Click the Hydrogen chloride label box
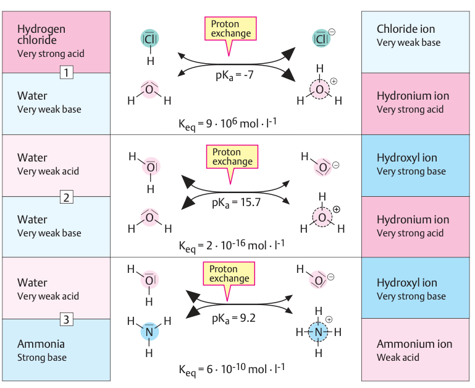[x=56, y=41]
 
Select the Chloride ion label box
[x=416, y=41]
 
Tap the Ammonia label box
[x=56, y=350]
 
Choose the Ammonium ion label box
[x=416, y=350]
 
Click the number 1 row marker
[x=67, y=73]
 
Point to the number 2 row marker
[x=67, y=197]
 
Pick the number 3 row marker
[x=67, y=319]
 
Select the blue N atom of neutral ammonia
[x=149, y=332]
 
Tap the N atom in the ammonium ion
[x=319, y=332]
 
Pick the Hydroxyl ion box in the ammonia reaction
[x=416, y=288]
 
